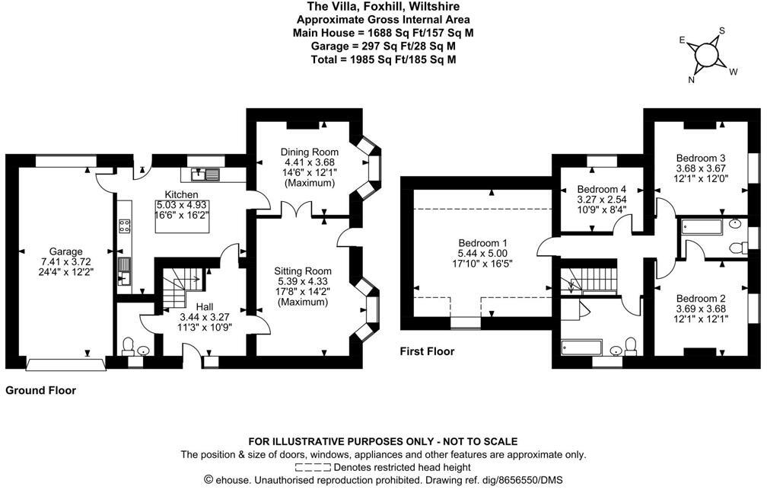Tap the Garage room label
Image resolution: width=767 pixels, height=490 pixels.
pos(65,251)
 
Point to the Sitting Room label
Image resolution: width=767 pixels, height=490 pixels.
pos(303,271)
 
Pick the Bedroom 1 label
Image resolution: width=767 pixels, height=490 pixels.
pos(479,243)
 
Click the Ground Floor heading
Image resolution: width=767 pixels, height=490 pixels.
pos(41,390)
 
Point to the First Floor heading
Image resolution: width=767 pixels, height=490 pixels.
pos(428,351)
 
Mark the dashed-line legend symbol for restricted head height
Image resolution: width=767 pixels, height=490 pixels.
pos(313,467)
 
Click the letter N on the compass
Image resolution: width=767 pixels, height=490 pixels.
pos(692,78)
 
